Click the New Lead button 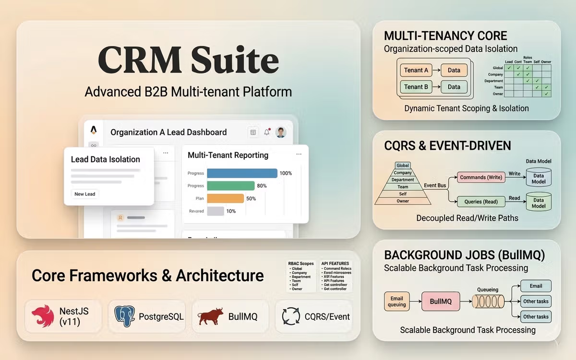pyautogui.click(x=85, y=194)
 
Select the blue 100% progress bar pyautogui.click(x=242, y=173)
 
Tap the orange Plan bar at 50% pyautogui.click(x=225, y=198)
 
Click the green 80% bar pyautogui.click(x=230, y=186)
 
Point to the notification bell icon pyautogui.click(x=267, y=132)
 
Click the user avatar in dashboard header pyautogui.click(x=281, y=132)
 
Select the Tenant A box pyautogui.click(x=416, y=70)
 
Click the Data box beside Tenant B pyautogui.click(x=454, y=87)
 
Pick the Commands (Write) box pyautogui.click(x=481, y=177)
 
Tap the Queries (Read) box pyautogui.click(x=481, y=202)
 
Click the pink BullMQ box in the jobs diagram pyautogui.click(x=441, y=301)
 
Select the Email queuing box pyautogui.click(x=396, y=301)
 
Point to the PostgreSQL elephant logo pyautogui.click(x=125, y=316)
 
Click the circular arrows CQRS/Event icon pyautogui.click(x=291, y=316)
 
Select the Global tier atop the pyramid pyautogui.click(x=403, y=166)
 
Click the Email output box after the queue pyautogui.click(x=536, y=286)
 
